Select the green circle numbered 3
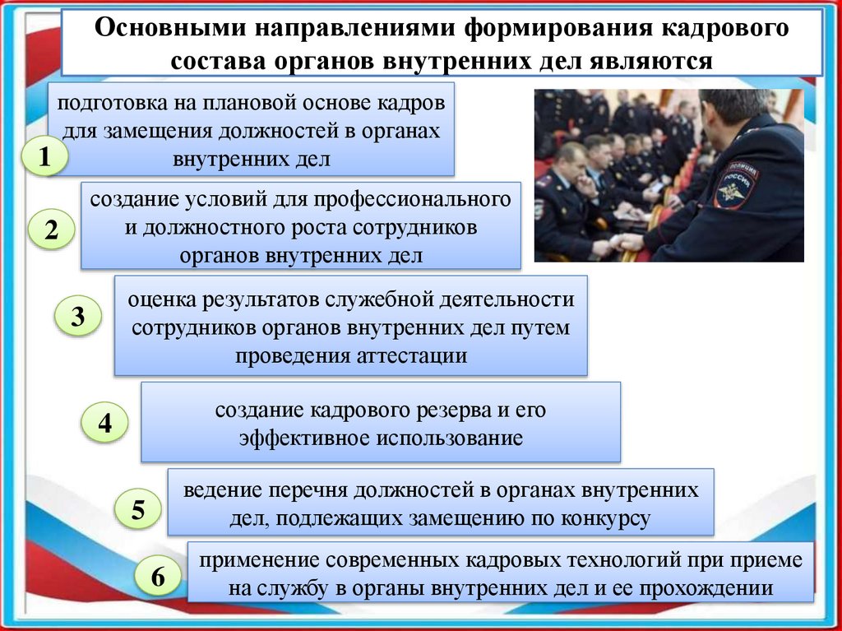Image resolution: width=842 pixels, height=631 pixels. tap(78, 317)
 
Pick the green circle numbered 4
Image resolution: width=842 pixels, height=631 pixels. tap(104, 424)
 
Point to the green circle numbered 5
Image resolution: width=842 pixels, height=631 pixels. tap(137, 510)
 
